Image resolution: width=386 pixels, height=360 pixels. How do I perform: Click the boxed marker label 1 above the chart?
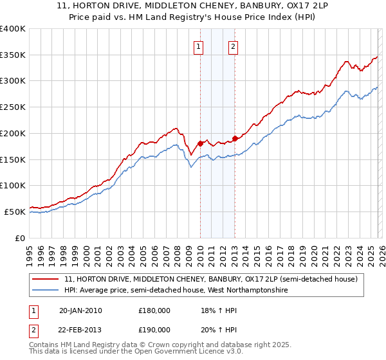tap(199, 46)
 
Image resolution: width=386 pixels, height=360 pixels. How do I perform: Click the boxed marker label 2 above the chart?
tap(232, 46)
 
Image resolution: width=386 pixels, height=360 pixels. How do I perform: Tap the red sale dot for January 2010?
tap(200, 143)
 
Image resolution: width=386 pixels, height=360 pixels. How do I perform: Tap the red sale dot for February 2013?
tap(235, 138)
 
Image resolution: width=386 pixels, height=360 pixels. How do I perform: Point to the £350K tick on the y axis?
tap(13, 55)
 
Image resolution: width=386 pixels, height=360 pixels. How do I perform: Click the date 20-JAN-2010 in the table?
tap(80, 310)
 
